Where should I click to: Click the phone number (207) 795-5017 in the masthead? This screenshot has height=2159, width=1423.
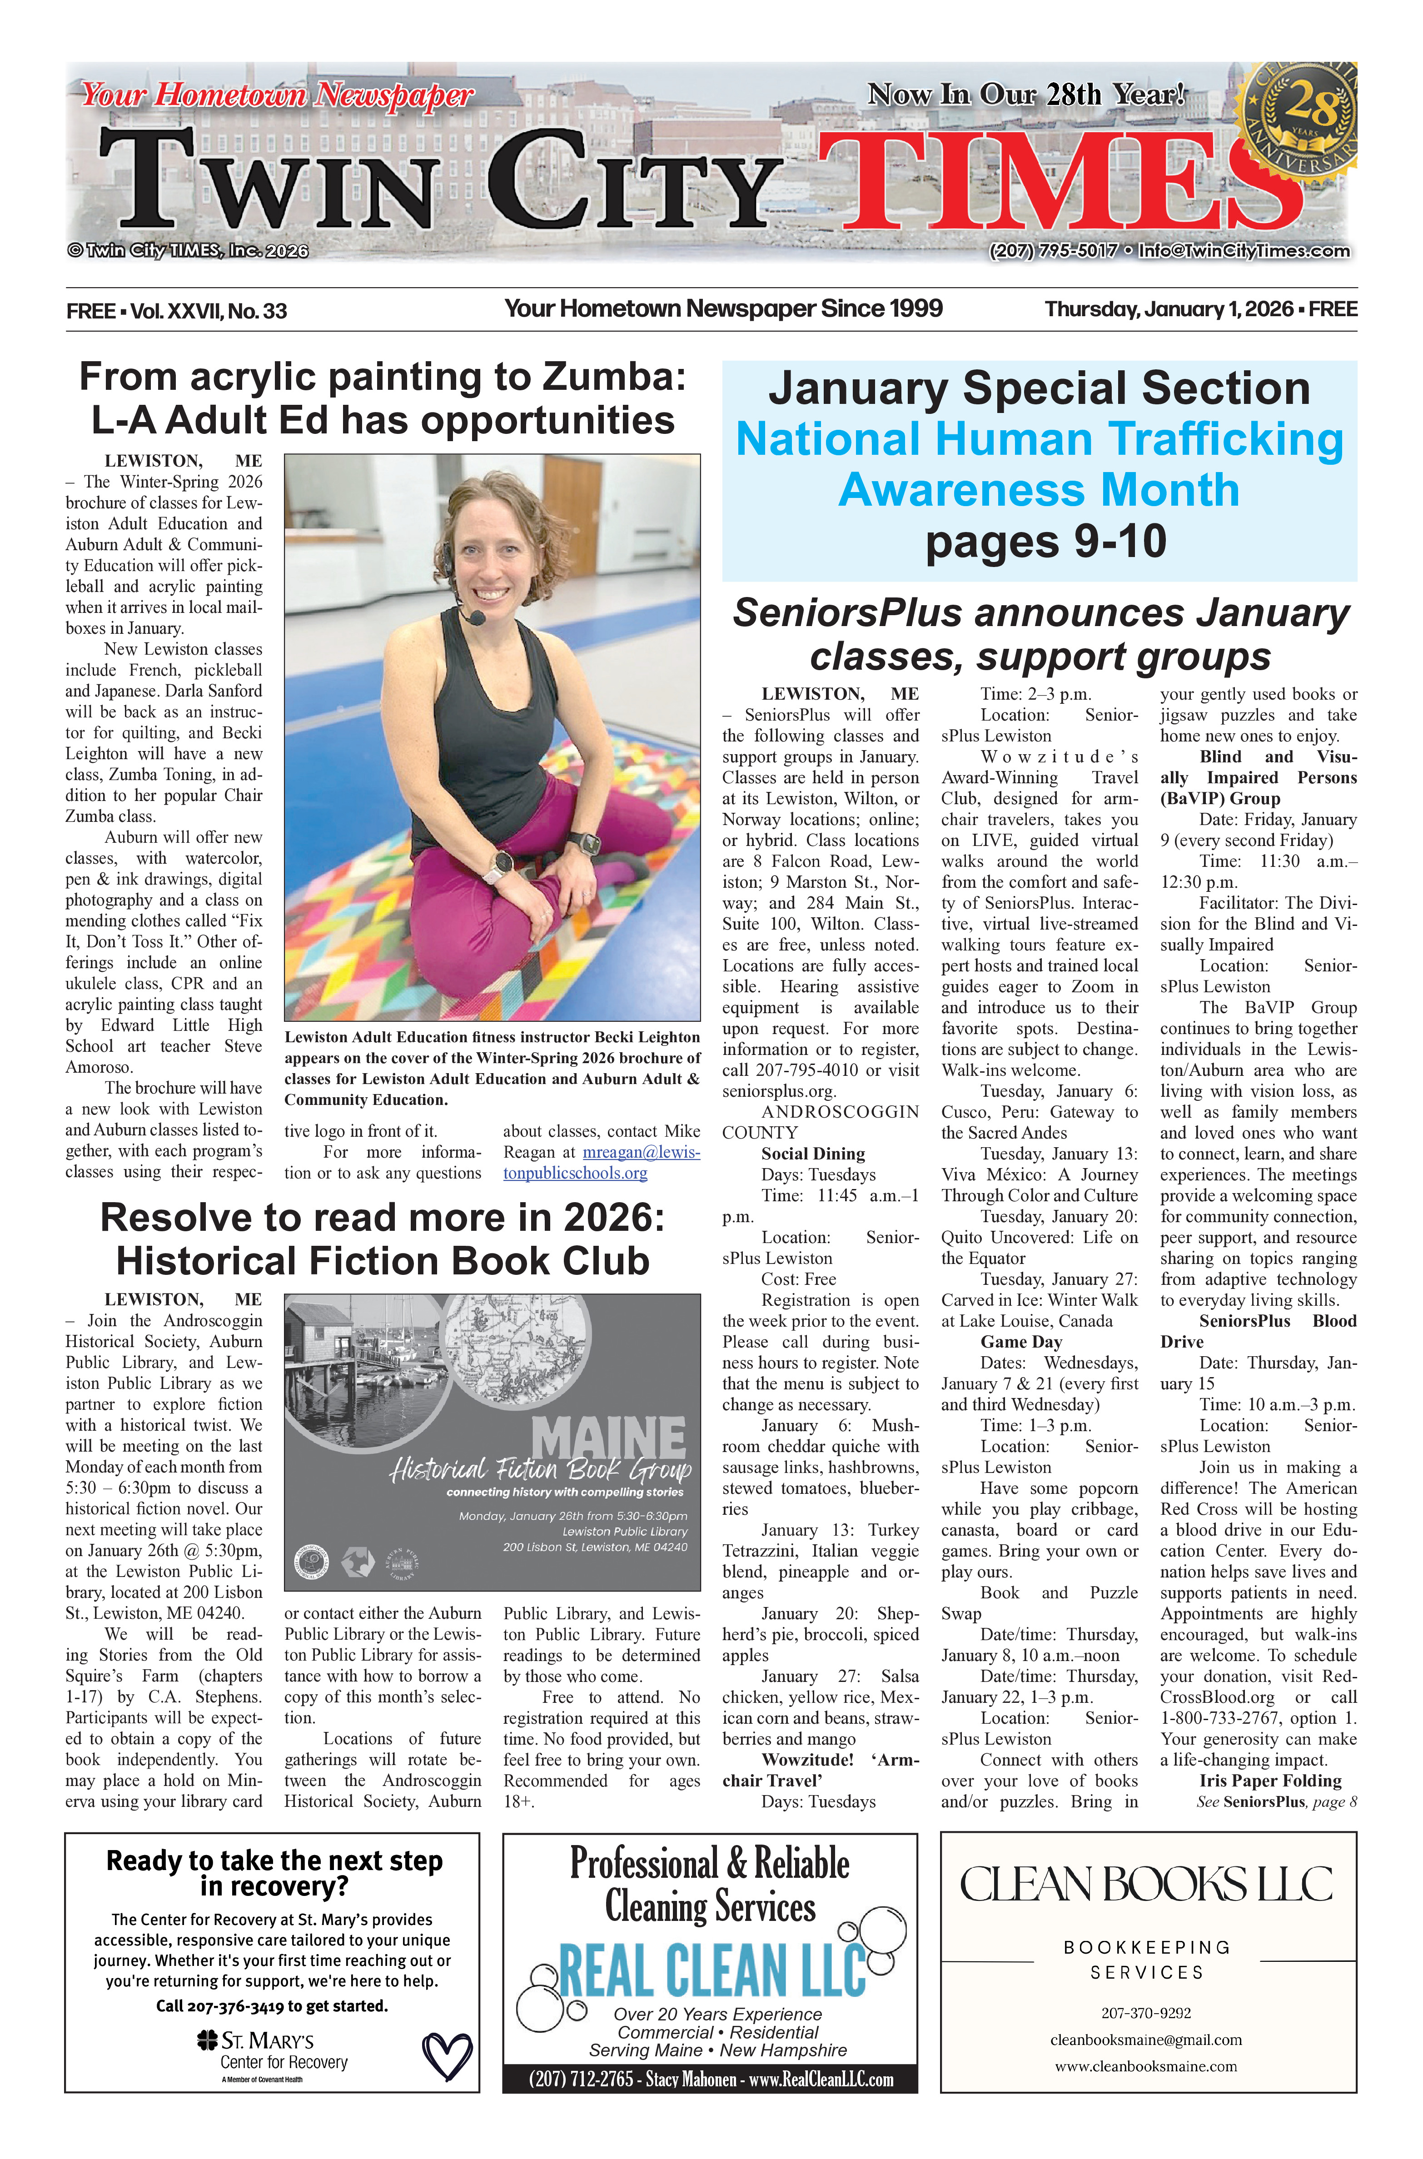click(1053, 250)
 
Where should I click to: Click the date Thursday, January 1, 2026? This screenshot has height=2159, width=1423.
click(1168, 309)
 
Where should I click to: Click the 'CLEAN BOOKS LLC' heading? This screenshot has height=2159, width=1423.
click(1146, 1885)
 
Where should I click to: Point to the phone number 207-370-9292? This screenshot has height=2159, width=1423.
click(1146, 2013)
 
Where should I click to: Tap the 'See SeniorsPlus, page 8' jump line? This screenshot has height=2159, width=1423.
click(1276, 1801)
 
